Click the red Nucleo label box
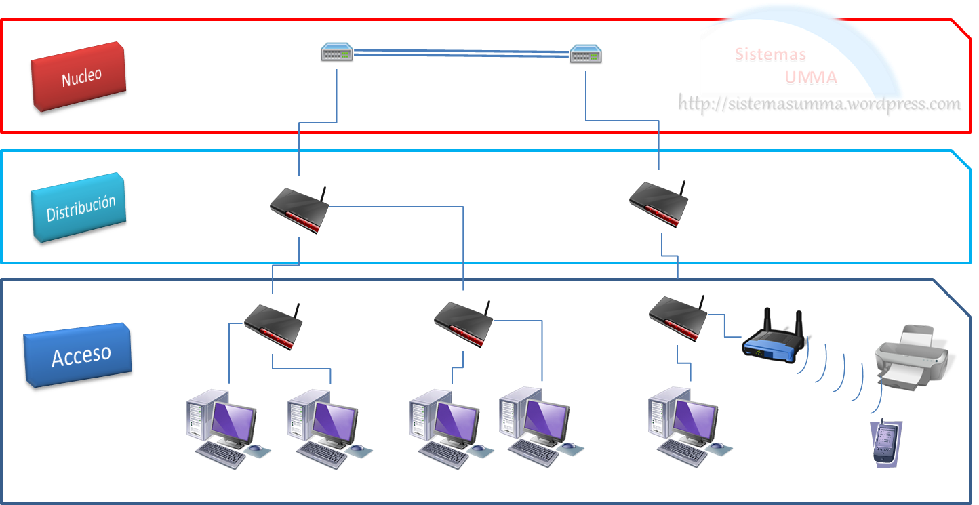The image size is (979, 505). [79, 76]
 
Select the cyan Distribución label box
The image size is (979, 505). [79, 207]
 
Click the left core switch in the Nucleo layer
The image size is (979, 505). [337, 53]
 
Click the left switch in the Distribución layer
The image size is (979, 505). [300, 209]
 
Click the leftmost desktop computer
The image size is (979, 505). [224, 427]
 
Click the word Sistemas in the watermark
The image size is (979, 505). [771, 55]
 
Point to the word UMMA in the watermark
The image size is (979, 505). [811, 78]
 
